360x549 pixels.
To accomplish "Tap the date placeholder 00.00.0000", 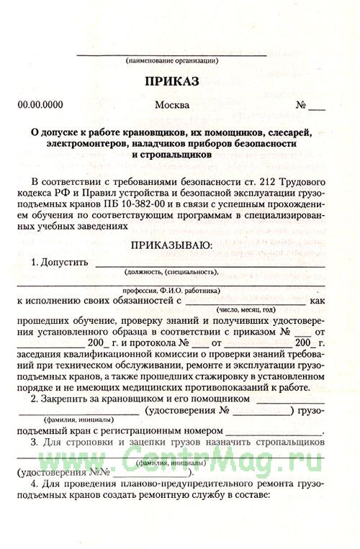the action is [40, 105].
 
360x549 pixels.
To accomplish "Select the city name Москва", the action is [172, 105].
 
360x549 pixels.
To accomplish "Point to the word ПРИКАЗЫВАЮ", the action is [170, 245].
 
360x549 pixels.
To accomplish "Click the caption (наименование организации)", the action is [172, 60].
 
